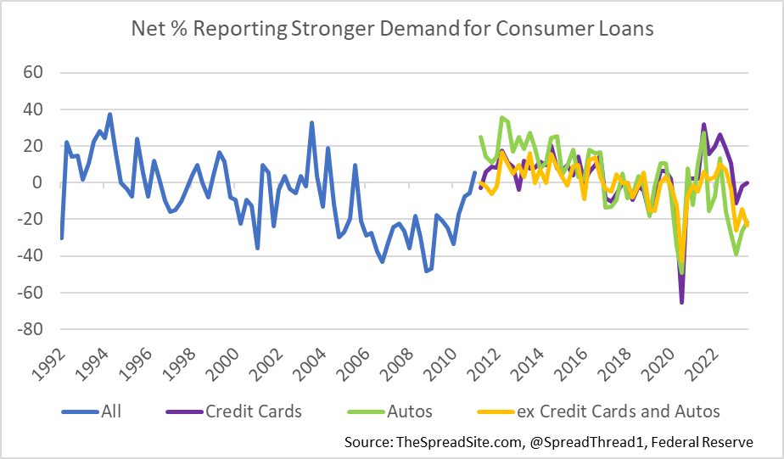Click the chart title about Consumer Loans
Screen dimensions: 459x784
point(392,29)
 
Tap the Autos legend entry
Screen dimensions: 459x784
point(391,411)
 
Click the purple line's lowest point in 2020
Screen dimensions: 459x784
point(681,302)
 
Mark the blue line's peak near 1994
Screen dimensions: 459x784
point(109,114)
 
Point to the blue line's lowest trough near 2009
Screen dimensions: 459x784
point(426,271)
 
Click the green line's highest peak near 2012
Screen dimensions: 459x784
point(502,118)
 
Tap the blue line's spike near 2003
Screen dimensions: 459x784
point(311,123)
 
